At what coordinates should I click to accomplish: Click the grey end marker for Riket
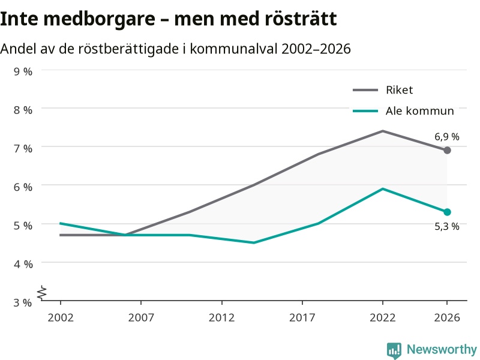447,151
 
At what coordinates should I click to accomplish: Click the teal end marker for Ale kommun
447,212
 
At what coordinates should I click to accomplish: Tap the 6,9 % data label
447,137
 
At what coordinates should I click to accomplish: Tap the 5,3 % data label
447,227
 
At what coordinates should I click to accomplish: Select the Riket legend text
399,90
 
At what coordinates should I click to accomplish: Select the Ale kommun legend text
419,111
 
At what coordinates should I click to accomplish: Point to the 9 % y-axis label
23,71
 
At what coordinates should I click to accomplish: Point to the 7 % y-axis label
23,148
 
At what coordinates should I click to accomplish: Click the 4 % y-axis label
23,264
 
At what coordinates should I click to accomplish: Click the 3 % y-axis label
23,302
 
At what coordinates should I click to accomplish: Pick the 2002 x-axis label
61,317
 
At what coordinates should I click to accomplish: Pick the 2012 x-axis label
221,317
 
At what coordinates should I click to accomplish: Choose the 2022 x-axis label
383,317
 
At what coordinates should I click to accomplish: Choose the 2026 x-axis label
447,317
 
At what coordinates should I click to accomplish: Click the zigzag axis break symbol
42,293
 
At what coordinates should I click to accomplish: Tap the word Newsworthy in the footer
442,349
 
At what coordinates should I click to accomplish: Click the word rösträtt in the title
301,19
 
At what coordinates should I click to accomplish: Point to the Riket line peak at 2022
383,131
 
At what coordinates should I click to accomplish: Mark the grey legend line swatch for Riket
365,90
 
